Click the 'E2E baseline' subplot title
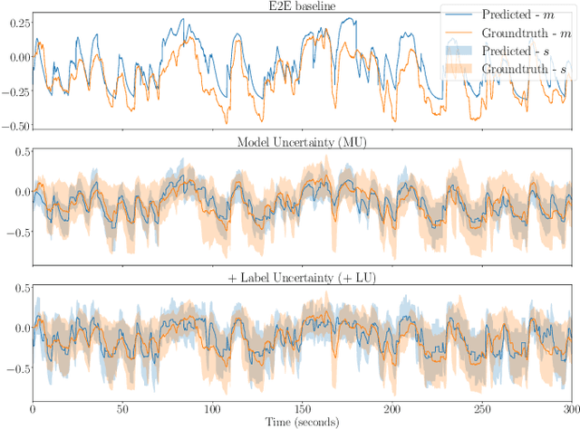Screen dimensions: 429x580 pyautogui.click(x=302, y=6)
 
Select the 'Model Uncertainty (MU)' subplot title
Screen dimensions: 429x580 pyautogui.click(x=302, y=141)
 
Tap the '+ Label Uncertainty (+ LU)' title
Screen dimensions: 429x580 pyautogui.click(x=302, y=276)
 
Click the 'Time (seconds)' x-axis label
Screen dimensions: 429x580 pyautogui.click(x=302, y=423)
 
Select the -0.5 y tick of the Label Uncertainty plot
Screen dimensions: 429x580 pyautogui.click(x=15, y=369)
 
